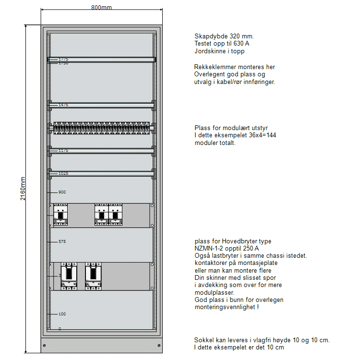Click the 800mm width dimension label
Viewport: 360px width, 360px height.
tap(101, 7)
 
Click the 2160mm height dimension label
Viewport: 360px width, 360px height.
tap(23, 189)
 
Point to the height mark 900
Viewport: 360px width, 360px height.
tap(62, 192)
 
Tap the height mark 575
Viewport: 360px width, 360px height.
tap(62, 241)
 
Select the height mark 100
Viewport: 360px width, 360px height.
tap(62, 314)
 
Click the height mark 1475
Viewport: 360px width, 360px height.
tap(63, 105)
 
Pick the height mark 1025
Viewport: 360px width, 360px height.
tap(63, 173)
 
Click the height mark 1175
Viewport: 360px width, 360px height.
tap(63, 150)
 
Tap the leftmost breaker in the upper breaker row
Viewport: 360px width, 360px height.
tap(60, 215)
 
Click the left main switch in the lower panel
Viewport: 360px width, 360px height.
tap(69, 276)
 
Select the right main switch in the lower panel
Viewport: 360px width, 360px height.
tap(94, 276)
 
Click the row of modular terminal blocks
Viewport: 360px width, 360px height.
tap(101, 128)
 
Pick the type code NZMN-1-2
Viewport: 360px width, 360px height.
tap(211, 249)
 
